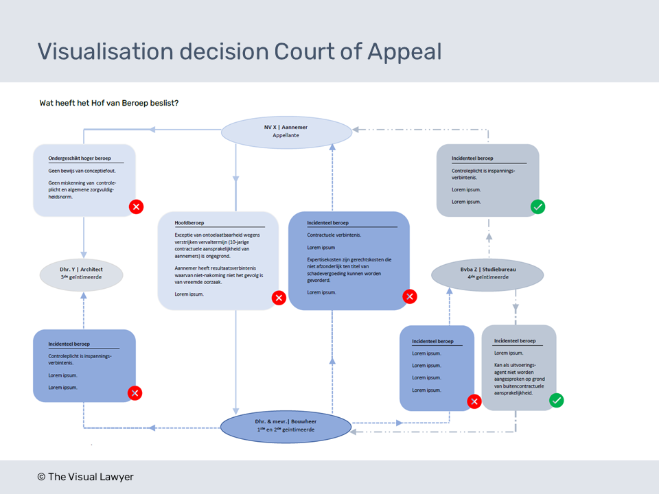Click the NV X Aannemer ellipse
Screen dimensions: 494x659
click(286, 132)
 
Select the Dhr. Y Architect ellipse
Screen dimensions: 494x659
click(81, 274)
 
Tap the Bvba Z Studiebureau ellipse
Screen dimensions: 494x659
click(487, 274)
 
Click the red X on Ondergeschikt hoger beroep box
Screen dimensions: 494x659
click(136, 206)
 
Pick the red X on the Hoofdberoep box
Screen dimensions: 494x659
click(279, 298)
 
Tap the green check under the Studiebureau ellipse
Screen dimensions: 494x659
click(557, 400)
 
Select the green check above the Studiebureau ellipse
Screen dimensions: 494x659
click(538, 206)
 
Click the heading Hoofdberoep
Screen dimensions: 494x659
click(189, 223)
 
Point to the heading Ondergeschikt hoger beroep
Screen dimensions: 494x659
click(80, 157)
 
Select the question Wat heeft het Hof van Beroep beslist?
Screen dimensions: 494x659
click(109, 103)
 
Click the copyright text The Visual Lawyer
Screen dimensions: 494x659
click(85, 477)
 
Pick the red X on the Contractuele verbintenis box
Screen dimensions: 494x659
click(410, 296)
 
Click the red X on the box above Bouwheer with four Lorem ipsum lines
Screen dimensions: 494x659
click(474, 401)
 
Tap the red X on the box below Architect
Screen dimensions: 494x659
click(135, 393)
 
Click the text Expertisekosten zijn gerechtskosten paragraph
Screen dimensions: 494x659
click(349, 270)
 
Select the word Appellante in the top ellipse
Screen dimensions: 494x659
click(286, 136)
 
